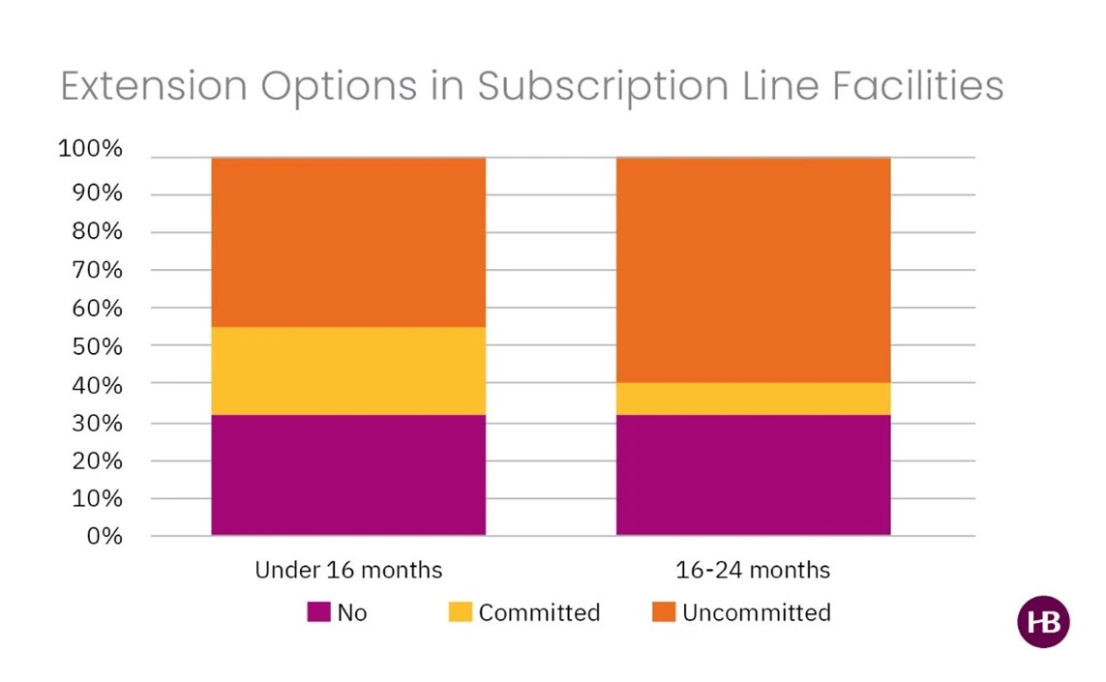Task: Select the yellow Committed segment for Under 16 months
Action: [348, 371]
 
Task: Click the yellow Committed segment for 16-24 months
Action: [753, 399]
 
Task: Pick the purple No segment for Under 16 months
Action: [348, 475]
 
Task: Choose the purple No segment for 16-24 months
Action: [753, 475]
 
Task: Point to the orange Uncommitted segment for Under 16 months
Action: [348, 242]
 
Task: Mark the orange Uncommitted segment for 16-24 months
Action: [753, 270]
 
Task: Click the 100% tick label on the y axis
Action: [90, 150]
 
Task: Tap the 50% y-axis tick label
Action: [95, 346]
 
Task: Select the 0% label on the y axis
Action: [104, 536]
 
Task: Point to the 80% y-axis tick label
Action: [95, 232]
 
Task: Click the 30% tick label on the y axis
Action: [95, 423]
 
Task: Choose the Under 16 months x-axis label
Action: [348, 570]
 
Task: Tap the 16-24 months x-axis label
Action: [753, 570]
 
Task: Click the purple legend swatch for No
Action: [318, 612]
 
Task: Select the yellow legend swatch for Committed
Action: [461, 612]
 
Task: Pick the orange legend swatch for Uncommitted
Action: [664, 612]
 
